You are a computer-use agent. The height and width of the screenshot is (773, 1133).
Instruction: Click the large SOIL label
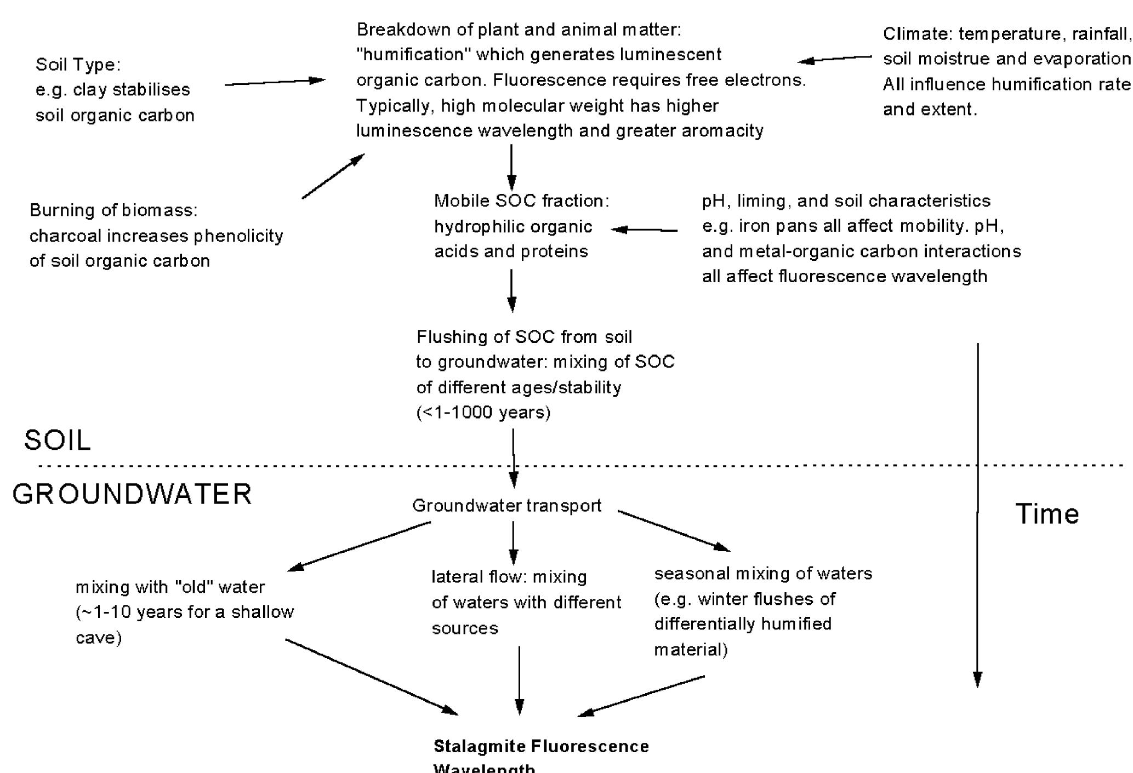coord(58,440)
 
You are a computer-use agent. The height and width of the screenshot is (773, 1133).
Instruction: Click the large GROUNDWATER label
coord(132,494)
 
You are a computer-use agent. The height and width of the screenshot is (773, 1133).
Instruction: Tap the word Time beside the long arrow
coord(1046,514)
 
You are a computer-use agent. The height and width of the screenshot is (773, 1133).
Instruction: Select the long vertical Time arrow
coord(977,515)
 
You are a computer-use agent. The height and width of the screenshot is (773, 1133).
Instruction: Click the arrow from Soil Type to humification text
coord(274,82)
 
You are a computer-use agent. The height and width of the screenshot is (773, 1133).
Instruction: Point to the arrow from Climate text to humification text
coord(834,59)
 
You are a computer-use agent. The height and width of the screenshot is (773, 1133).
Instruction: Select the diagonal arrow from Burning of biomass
coord(333,176)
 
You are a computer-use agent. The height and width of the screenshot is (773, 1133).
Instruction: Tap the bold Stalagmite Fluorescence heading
coord(541,747)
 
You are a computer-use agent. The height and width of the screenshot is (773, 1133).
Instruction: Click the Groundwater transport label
coord(506,505)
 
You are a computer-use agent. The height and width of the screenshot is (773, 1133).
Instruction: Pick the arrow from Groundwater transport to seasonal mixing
coord(674,530)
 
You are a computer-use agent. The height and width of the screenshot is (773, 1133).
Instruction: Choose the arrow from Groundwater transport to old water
coord(359,546)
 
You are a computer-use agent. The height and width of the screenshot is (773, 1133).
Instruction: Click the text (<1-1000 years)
coord(483,412)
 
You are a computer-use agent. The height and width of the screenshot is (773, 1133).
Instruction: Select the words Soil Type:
coord(78,65)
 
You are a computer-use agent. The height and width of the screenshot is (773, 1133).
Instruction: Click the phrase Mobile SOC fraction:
coord(521,201)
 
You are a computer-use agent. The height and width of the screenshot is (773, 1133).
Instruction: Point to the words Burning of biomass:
coord(113,210)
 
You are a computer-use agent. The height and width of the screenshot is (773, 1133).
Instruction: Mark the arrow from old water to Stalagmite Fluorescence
coord(371,677)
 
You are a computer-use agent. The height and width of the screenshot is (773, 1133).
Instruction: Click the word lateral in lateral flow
coord(451,577)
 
